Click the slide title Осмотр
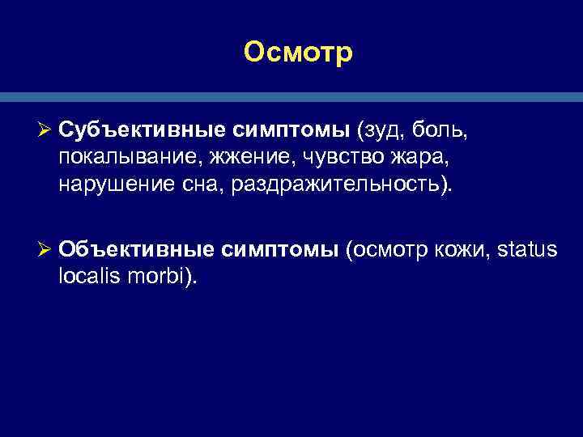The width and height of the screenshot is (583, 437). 298,53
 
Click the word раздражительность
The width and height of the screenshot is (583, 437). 334,186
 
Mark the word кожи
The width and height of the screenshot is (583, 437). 458,250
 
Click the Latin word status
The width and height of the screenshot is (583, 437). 524,250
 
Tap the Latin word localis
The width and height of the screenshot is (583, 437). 89,278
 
